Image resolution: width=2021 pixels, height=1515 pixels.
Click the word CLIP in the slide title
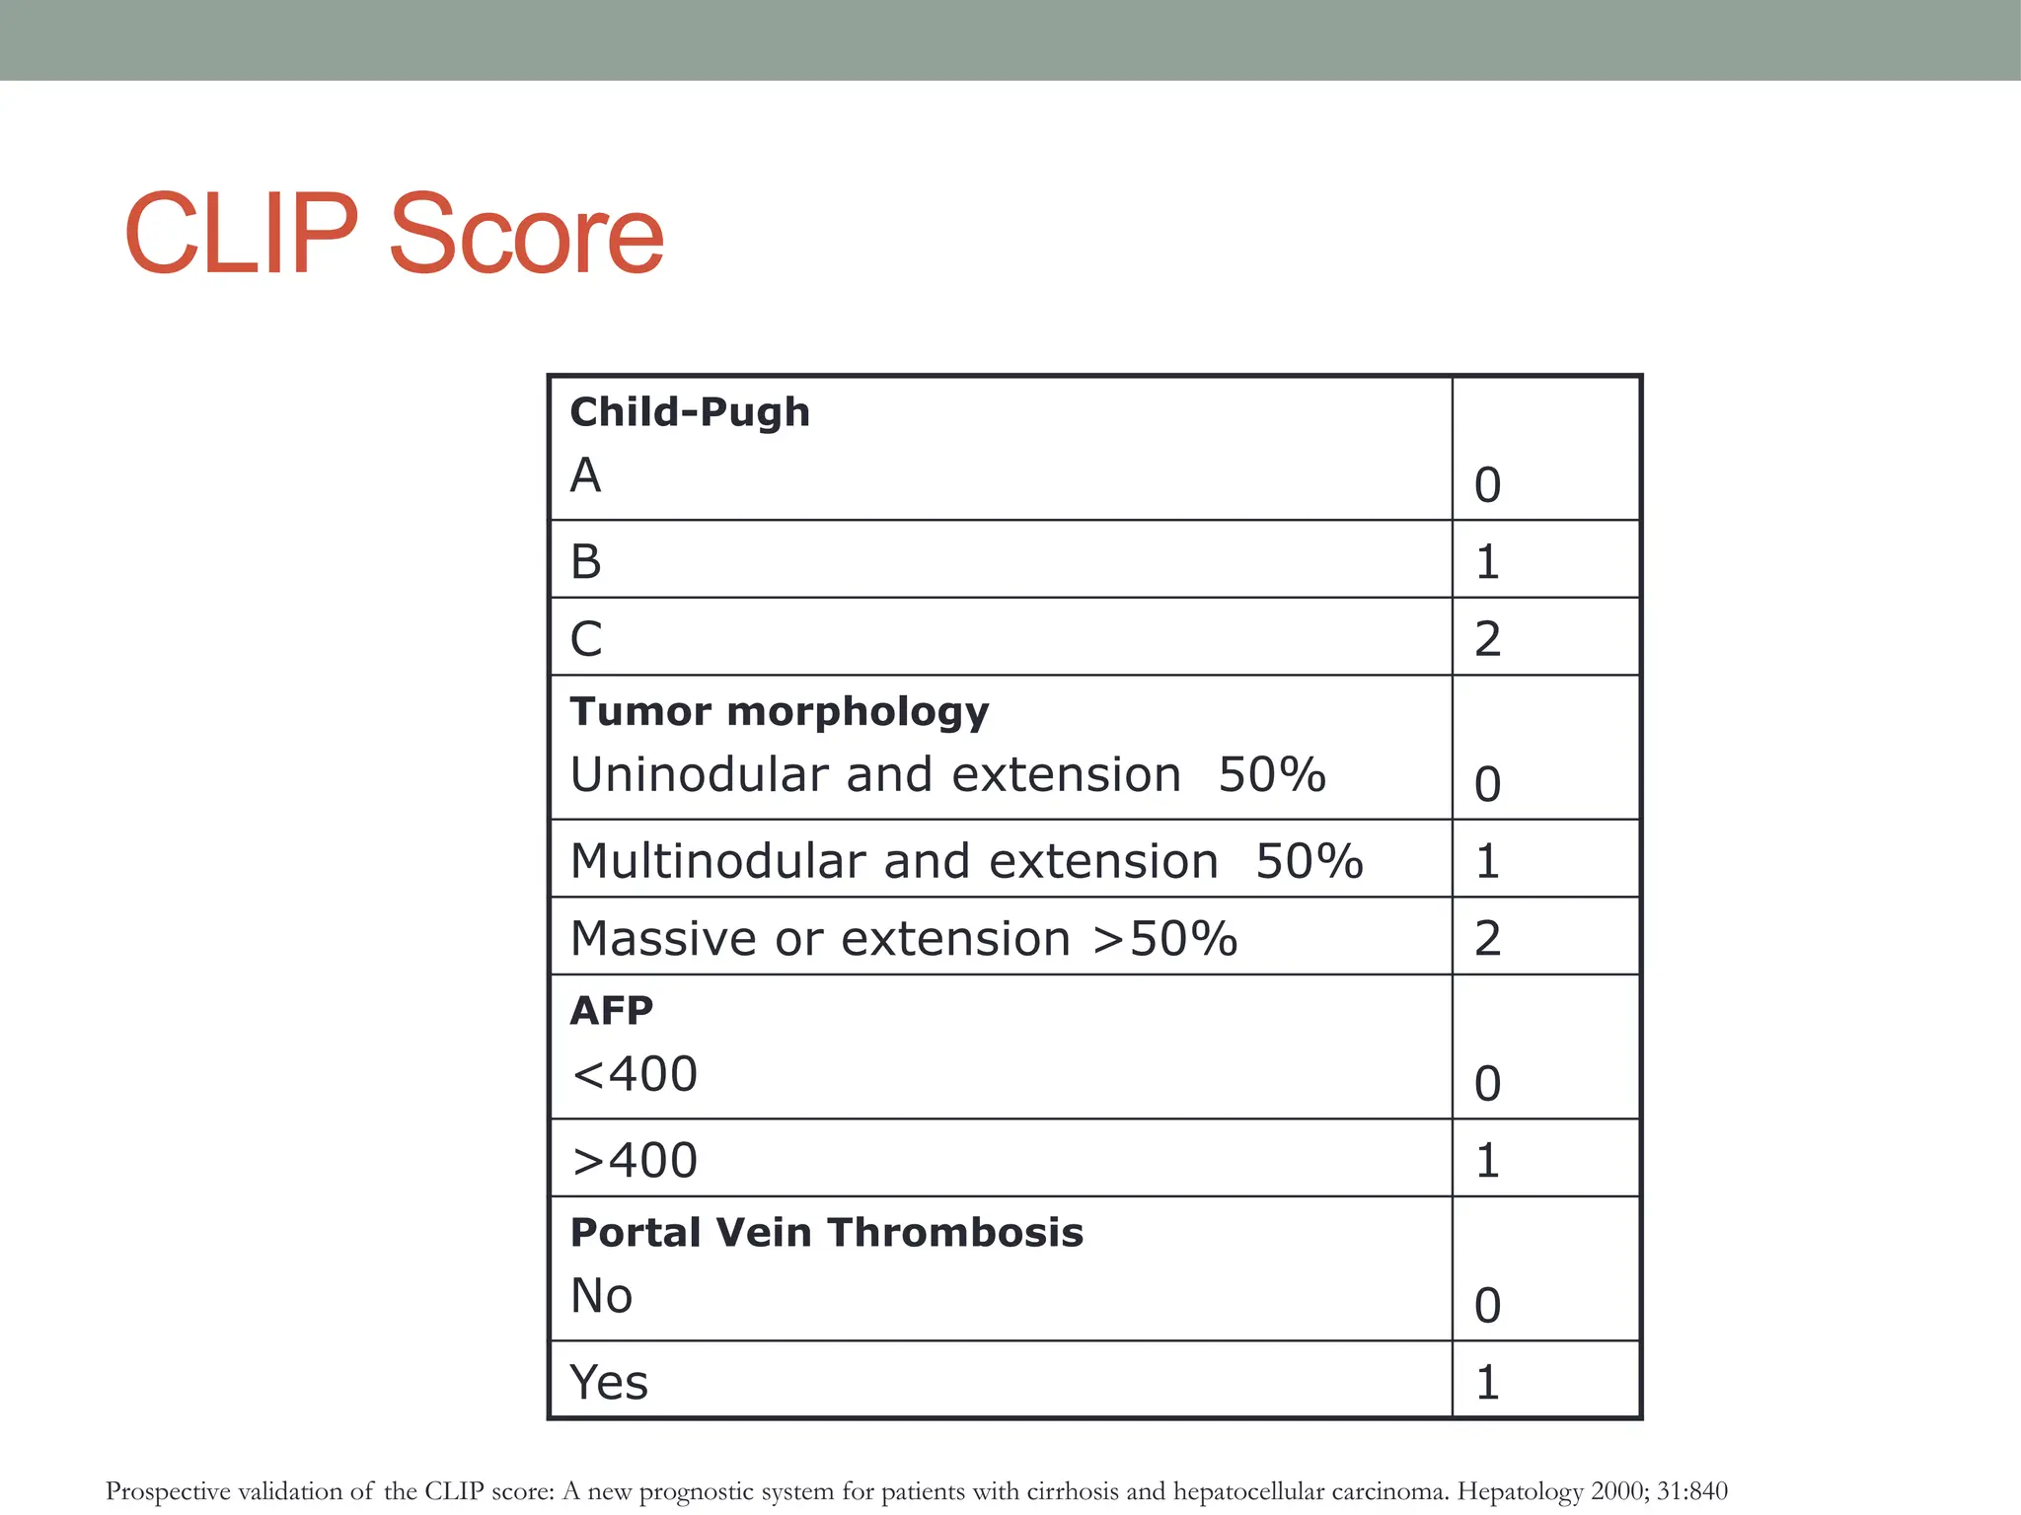(240, 235)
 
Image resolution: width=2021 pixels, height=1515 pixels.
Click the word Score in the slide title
(526, 235)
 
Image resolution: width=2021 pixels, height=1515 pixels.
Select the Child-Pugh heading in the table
(690, 412)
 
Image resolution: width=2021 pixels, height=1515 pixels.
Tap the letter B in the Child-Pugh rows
(586, 561)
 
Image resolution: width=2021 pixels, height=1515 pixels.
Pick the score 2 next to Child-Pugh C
(1487, 638)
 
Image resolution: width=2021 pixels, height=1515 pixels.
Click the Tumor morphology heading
(780, 711)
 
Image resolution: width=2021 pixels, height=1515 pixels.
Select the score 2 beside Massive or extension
(1487, 938)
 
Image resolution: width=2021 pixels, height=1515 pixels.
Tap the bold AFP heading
(612, 1011)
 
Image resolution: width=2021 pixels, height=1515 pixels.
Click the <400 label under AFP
(635, 1073)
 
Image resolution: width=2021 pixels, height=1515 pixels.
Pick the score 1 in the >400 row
(1487, 1160)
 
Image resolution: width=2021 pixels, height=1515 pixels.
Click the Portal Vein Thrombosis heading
(827, 1233)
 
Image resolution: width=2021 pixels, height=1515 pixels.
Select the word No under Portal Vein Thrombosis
(601, 1295)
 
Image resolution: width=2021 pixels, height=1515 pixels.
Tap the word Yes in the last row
(609, 1382)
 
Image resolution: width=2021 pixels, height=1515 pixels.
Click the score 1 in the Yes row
(1487, 1382)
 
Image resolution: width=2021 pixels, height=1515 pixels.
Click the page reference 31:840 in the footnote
(1691, 1490)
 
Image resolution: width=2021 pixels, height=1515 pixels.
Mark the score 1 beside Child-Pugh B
(1487, 561)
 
